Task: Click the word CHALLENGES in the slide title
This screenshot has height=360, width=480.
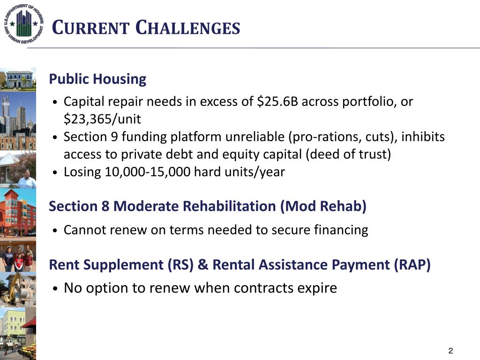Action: [187, 28]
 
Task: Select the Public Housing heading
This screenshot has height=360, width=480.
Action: [97, 79]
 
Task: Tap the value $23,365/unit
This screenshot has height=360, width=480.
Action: [102, 119]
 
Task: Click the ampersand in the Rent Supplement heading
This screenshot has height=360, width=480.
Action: [203, 265]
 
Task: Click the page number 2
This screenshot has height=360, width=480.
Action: [450, 351]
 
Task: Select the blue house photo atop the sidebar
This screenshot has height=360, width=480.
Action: [18, 79]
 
